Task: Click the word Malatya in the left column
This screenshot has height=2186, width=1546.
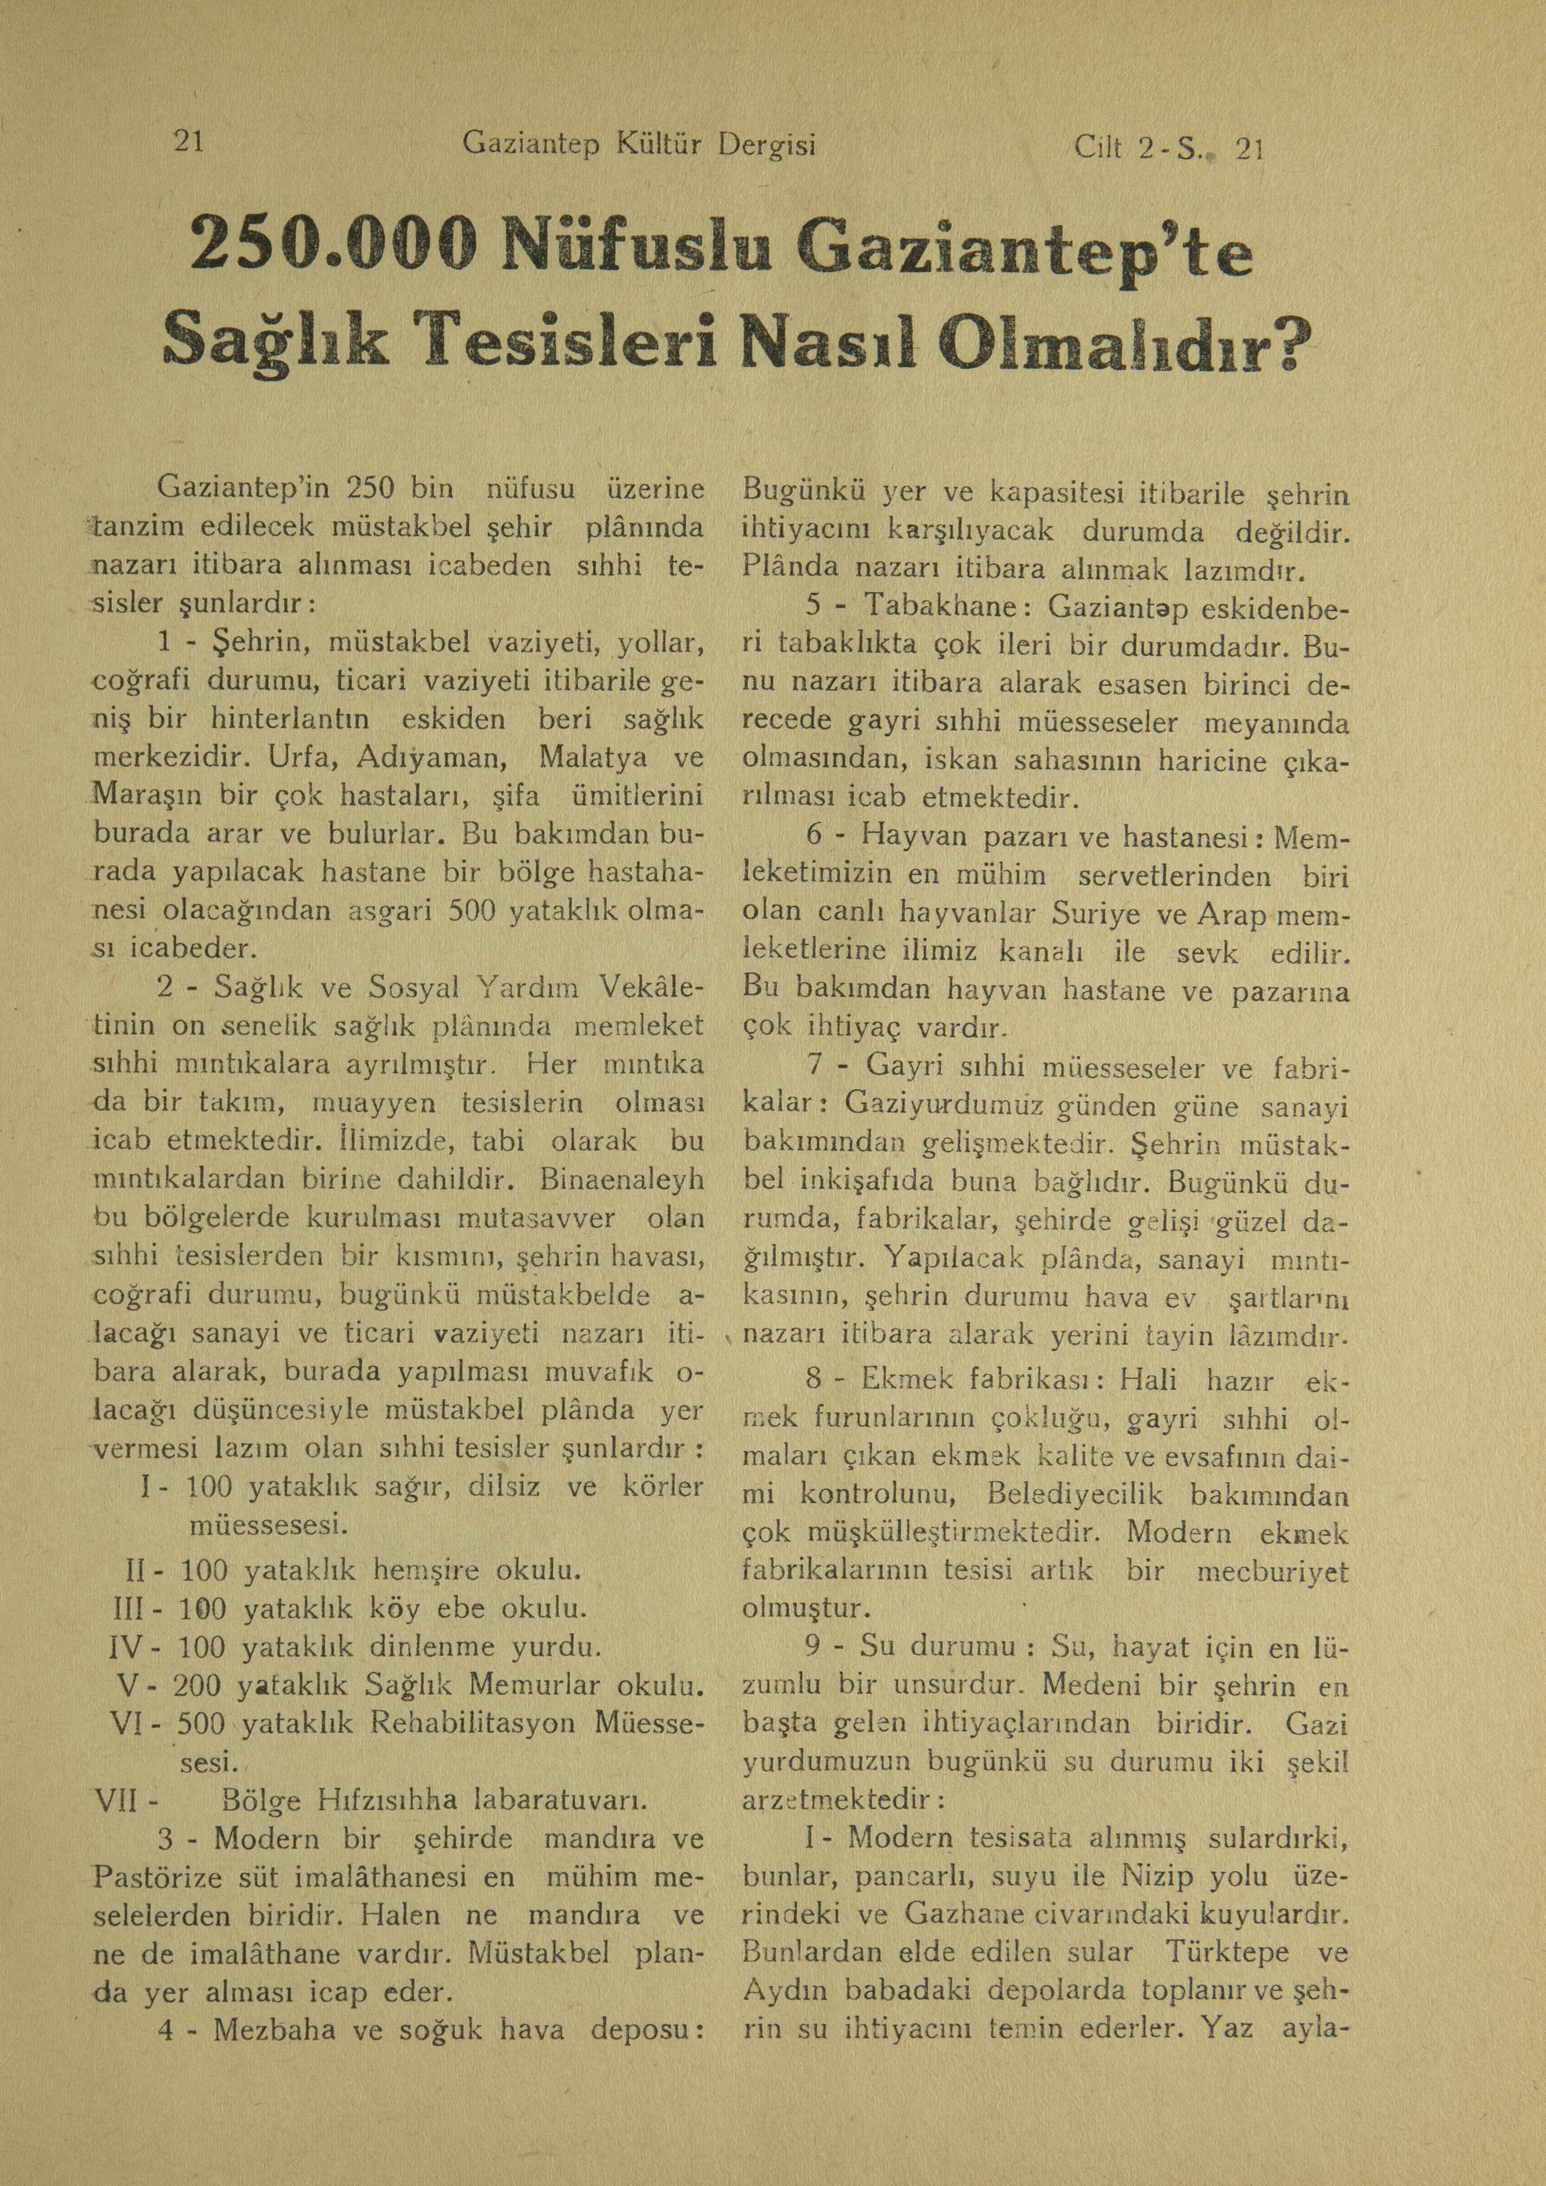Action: pos(593,759)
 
